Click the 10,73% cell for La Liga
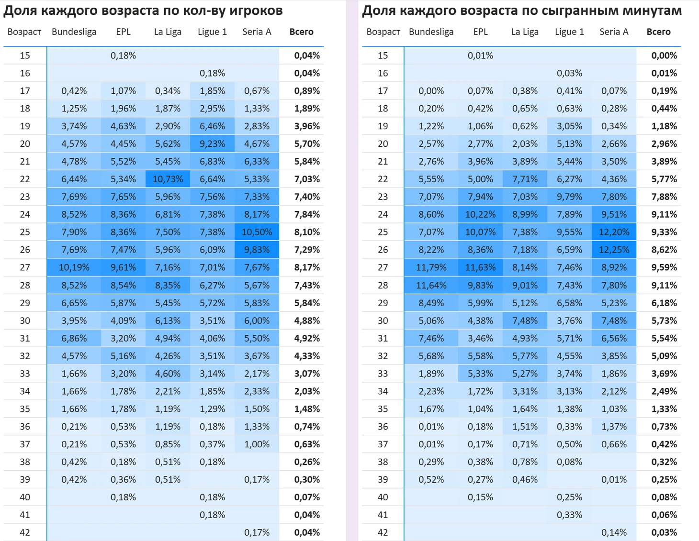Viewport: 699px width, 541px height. pos(168,179)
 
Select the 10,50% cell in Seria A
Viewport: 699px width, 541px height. pos(257,232)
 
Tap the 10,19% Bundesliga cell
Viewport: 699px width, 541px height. pos(74,268)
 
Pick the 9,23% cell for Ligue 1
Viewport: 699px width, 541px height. pos(212,144)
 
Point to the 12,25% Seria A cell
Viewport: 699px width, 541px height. pos(614,250)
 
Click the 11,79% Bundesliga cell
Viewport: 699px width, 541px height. pos(431,268)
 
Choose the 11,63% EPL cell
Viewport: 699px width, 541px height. pos(480,268)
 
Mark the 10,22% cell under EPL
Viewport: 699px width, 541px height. pos(480,215)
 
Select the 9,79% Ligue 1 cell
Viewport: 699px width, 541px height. pos(569,197)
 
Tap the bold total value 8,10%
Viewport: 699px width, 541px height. pos(307,232)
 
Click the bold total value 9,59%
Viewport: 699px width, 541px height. pos(664,268)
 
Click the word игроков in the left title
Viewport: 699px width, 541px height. pos(255,11)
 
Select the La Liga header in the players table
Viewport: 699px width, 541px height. pos(168,32)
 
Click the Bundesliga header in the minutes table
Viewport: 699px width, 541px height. pos(431,32)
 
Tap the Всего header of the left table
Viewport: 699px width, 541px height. pos(301,32)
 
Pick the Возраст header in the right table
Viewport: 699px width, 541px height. pos(383,32)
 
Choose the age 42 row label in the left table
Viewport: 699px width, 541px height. pos(25,533)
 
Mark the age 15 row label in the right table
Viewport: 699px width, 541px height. pos(383,55)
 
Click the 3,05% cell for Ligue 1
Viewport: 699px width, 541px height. pos(569,126)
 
